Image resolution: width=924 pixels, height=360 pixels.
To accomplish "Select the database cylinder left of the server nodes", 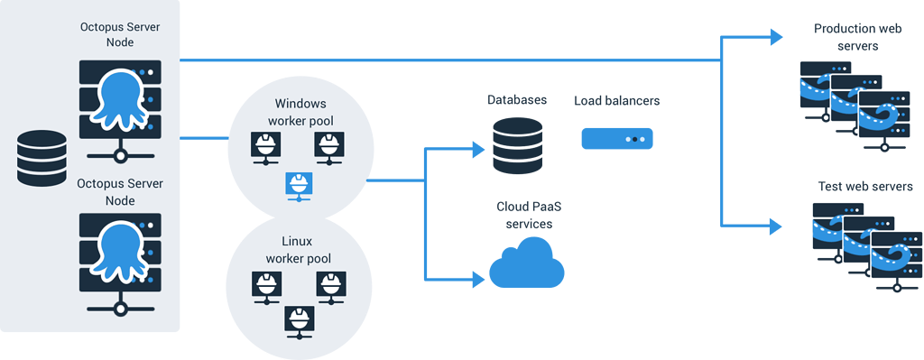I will click(x=42, y=158).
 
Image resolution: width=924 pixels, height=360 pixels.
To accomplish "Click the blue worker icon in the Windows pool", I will click(x=298, y=184).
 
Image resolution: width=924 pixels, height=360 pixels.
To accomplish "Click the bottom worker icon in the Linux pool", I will click(x=298, y=318).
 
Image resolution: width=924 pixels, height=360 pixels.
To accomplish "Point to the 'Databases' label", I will click(x=517, y=99).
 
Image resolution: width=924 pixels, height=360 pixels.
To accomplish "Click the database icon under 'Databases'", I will click(x=517, y=147).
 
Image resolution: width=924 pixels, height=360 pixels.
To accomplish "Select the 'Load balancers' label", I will click(x=616, y=100).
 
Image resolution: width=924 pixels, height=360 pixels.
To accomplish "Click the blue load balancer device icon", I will click(x=616, y=139).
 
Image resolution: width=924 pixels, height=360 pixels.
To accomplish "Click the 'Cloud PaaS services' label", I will click(x=528, y=215).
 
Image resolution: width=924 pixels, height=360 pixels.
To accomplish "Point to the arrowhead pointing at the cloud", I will click(x=477, y=280).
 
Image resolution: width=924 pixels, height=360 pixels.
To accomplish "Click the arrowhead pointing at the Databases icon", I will click(x=477, y=149).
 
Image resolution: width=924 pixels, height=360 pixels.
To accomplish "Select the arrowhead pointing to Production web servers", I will click(x=775, y=37).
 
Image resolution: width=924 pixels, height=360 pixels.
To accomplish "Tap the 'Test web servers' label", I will click(x=864, y=186).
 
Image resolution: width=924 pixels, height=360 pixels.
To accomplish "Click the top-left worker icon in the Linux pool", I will click(x=263, y=284).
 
